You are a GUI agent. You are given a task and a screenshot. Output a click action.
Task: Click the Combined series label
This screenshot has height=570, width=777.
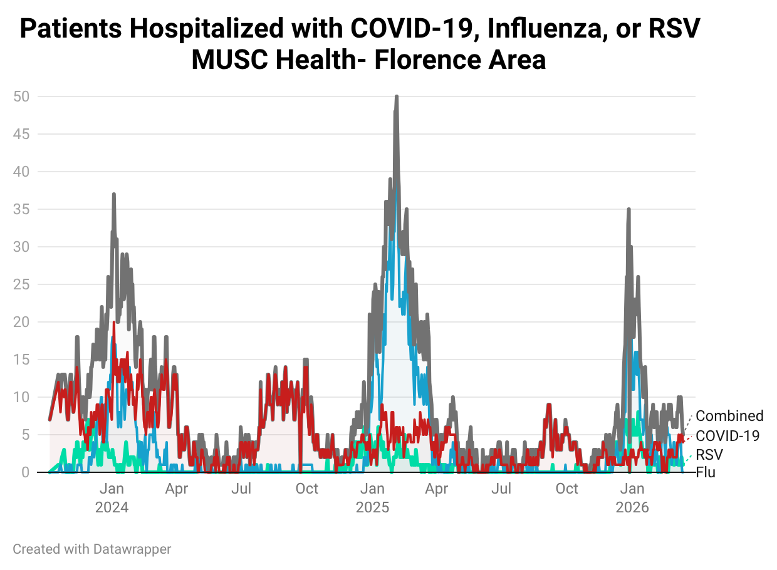pyautogui.click(x=729, y=416)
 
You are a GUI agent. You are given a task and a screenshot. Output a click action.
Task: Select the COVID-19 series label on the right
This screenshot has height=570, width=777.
pyautogui.click(x=727, y=435)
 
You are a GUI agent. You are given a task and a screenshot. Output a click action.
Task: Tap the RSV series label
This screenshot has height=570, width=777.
pyautogui.click(x=709, y=454)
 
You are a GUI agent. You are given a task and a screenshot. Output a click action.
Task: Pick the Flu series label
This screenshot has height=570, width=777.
pyautogui.click(x=706, y=472)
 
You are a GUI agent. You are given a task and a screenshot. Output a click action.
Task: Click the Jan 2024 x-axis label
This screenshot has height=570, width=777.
pyautogui.click(x=112, y=498)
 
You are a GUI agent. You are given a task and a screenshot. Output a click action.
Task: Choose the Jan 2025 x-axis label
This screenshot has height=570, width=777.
pyautogui.click(x=372, y=498)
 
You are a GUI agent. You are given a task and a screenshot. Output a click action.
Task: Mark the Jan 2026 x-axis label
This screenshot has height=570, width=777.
pyautogui.click(x=632, y=498)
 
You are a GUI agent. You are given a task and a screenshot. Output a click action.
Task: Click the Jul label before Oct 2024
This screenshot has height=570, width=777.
pyautogui.click(x=241, y=489)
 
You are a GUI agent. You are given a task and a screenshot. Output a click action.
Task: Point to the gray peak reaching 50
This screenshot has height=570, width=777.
pyautogui.click(x=397, y=97)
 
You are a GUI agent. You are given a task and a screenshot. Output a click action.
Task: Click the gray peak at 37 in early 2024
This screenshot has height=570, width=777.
pyautogui.click(x=114, y=195)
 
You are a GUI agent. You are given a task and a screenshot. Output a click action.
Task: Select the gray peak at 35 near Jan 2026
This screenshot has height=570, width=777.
pyautogui.click(x=628, y=210)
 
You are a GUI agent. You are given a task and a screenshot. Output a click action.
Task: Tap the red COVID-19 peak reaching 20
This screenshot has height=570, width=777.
pyautogui.click(x=114, y=323)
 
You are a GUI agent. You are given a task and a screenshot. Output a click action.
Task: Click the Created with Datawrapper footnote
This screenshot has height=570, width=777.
pyautogui.click(x=92, y=549)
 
